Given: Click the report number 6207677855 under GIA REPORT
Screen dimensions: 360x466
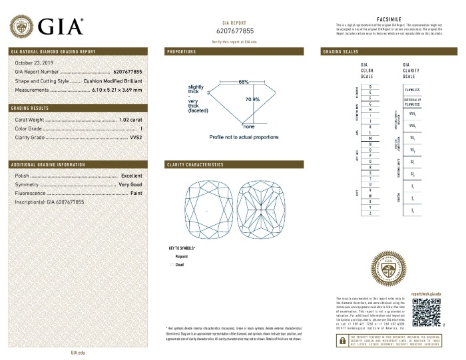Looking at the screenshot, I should coord(235,31).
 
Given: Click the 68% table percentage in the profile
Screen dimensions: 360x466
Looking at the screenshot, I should coord(243,82).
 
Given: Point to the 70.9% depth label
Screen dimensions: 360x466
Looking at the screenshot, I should coord(252,99).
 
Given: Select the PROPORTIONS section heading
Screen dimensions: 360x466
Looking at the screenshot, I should coord(181,51).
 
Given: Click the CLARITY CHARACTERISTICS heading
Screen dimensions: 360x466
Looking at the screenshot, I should coord(194,164).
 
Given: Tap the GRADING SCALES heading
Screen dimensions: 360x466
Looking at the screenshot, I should coord(341,51).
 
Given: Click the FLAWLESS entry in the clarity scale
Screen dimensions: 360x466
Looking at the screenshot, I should coord(413,88).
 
